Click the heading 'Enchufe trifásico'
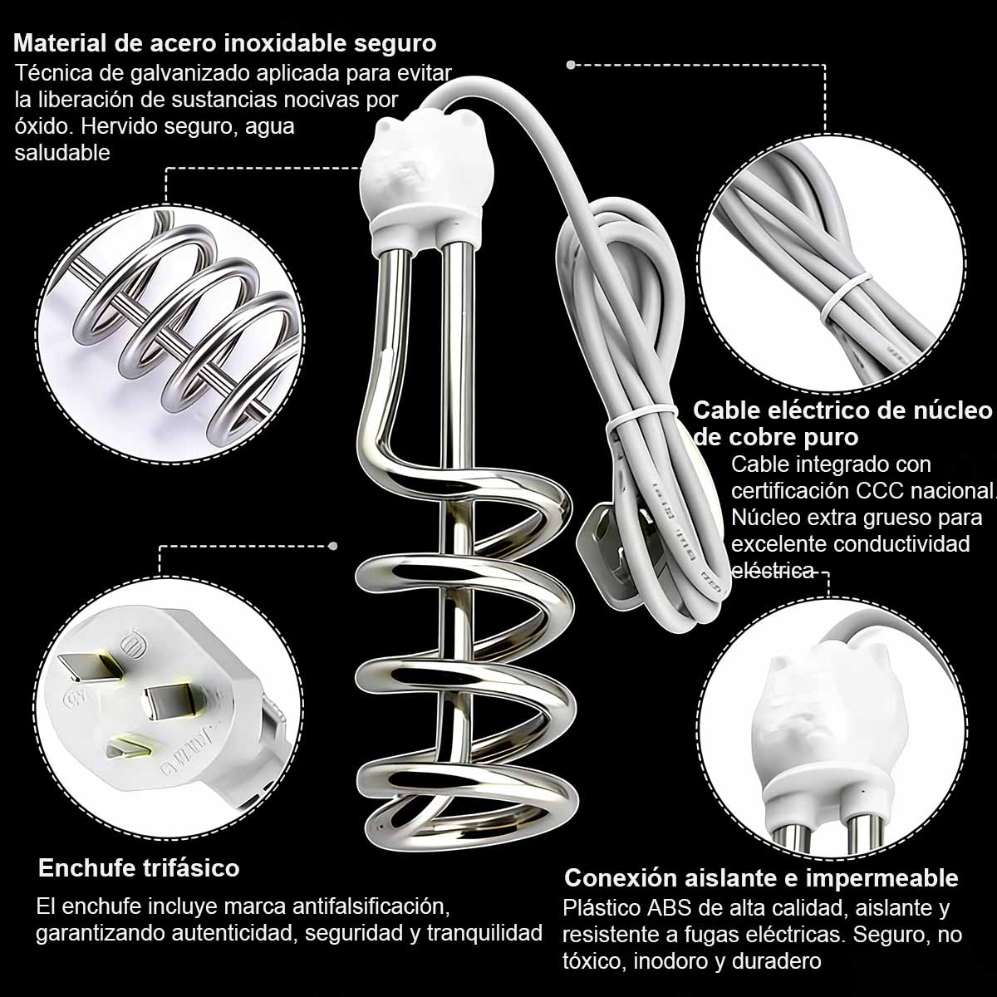[x=139, y=868]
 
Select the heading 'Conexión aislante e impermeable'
[x=761, y=878]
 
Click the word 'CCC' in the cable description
[x=856, y=490]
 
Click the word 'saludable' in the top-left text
[x=62, y=153]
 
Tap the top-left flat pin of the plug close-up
[x=86, y=665]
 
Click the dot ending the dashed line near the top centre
[x=571, y=64]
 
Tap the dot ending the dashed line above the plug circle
[x=333, y=546]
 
